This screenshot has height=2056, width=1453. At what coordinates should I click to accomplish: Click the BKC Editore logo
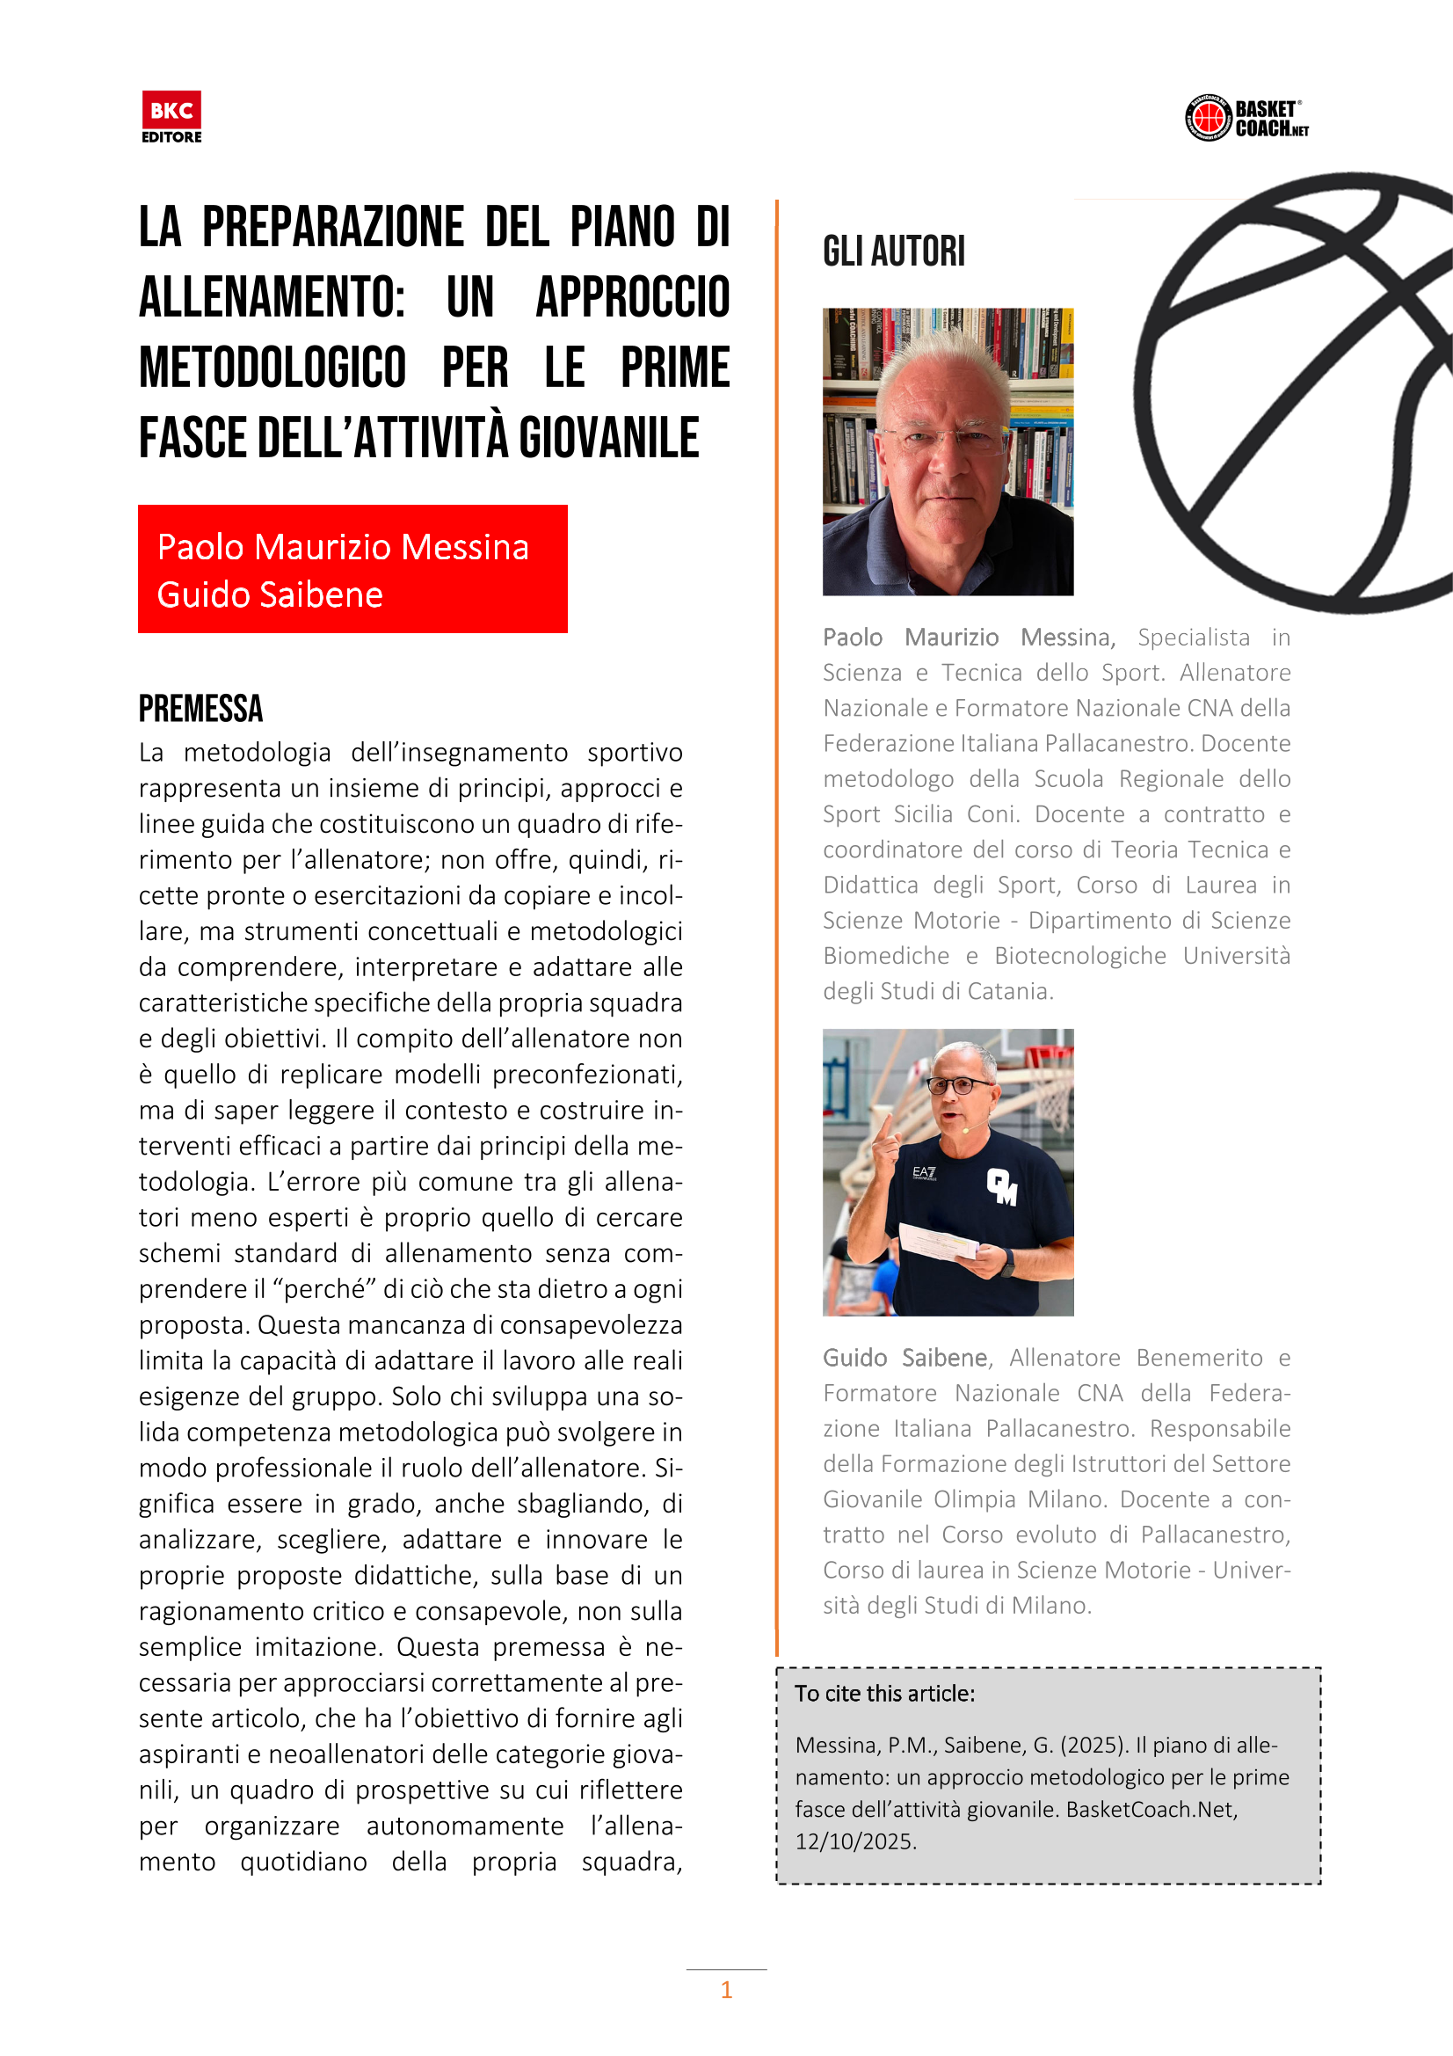pyautogui.click(x=171, y=116)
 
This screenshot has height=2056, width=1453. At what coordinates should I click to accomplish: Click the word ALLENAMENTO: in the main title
pyautogui.click(x=272, y=297)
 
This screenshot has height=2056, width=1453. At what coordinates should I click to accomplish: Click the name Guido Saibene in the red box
pyautogui.click(x=270, y=594)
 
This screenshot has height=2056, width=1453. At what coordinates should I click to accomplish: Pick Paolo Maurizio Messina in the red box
pyautogui.click(x=343, y=547)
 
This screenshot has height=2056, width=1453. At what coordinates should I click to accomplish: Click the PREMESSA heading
pyautogui.click(x=200, y=708)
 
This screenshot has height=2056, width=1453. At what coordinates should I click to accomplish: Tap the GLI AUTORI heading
pyautogui.click(x=893, y=252)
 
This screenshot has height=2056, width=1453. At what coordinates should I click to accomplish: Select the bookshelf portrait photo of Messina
pyautogui.click(x=948, y=451)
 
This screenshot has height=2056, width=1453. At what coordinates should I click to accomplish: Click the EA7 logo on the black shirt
pyautogui.click(x=924, y=1172)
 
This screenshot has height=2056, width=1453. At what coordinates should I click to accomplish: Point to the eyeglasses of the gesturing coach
pyautogui.click(x=963, y=1085)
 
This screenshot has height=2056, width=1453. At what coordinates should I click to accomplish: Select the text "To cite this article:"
pyautogui.click(x=884, y=1694)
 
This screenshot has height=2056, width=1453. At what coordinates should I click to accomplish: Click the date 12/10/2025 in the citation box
pyautogui.click(x=855, y=1841)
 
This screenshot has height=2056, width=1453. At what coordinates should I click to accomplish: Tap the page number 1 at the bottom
pyautogui.click(x=726, y=1990)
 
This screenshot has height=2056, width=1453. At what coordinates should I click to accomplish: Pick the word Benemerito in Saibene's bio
pyautogui.click(x=1199, y=1358)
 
